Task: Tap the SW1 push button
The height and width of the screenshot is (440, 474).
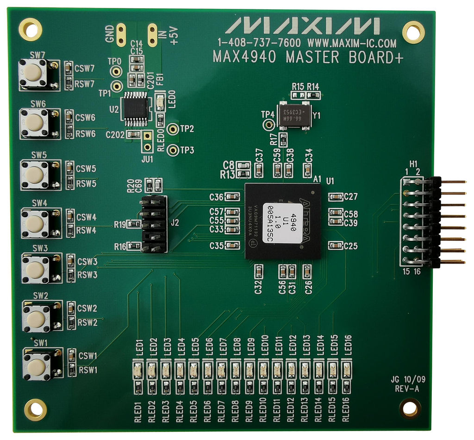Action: (36, 366)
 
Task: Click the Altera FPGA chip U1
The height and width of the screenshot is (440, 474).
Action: (283, 221)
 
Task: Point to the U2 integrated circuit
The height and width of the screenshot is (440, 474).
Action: (136, 110)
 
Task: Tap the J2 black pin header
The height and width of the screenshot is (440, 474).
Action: (154, 224)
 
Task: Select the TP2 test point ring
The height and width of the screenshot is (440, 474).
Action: (173, 129)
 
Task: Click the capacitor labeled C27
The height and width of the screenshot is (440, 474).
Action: (335, 197)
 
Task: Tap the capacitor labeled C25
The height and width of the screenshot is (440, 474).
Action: (335, 245)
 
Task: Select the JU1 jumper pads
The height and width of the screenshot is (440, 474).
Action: (148, 141)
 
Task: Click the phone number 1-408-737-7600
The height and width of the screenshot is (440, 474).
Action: (259, 44)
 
